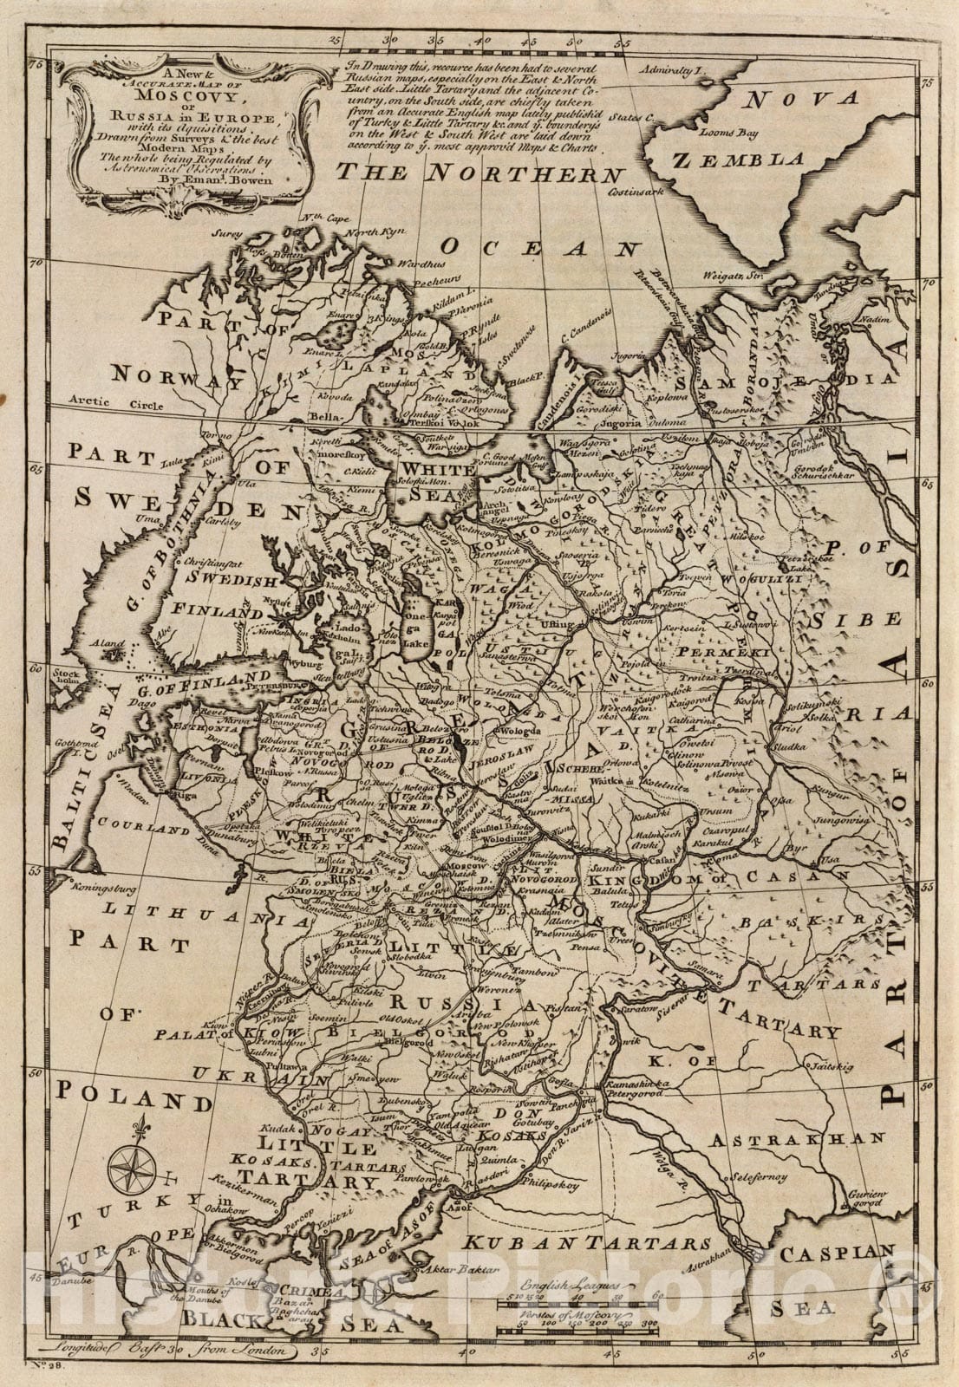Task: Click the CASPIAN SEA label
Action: click(x=833, y=1276)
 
